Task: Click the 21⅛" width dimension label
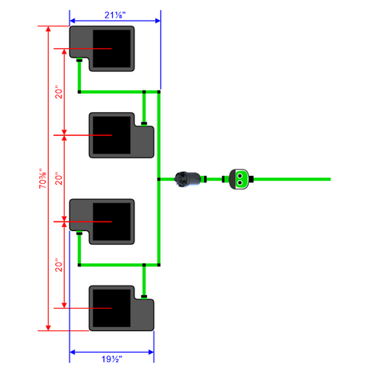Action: [115, 15]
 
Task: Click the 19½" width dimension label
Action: [112, 359]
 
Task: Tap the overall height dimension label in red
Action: [43, 178]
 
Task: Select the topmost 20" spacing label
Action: [58, 92]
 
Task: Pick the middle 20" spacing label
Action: [58, 178]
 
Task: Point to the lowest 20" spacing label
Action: [58, 265]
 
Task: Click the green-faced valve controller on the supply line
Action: [239, 179]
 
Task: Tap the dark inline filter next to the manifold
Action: [187, 179]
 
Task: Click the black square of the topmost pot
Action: [112, 49]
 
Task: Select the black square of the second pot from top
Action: [112, 135]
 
